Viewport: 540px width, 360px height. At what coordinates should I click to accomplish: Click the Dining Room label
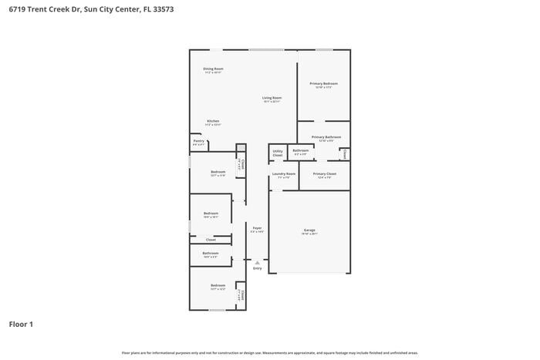coord(213,69)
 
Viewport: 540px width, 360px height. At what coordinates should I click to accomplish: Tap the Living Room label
coord(272,98)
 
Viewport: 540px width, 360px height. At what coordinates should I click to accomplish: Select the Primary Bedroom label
coord(324,83)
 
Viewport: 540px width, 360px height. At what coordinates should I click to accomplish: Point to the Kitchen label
coord(213,121)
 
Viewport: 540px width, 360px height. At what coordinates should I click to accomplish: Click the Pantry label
coord(198,141)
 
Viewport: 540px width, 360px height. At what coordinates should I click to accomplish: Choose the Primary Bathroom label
coord(324,137)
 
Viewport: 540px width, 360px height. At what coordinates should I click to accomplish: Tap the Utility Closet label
coord(278,153)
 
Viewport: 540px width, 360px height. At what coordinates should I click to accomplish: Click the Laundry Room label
coord(284,174)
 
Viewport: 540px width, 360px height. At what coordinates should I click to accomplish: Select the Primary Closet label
coord(325,174)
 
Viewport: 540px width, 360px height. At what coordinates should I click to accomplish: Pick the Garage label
coord(309,230)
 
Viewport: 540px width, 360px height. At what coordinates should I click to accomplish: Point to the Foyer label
coord(257,228)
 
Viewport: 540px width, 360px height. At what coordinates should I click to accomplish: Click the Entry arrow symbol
coord(257,262)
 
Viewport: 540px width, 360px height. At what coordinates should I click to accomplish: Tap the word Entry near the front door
coord(257,268)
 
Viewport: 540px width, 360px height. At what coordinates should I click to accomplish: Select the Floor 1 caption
coord(21,325)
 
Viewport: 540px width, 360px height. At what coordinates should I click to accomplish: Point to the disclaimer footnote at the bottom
coord(270,352)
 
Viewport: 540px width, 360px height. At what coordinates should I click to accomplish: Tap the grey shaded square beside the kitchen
coord(241,147)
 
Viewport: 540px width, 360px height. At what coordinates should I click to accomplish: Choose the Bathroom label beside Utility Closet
coord(300,150)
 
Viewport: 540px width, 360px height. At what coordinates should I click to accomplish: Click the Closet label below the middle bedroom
coord(211,240)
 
